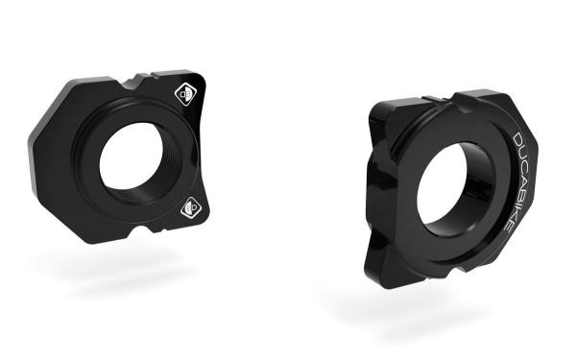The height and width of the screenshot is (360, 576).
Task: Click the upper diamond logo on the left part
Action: (185, 94)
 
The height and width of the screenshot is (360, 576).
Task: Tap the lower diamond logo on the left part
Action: (192, 207)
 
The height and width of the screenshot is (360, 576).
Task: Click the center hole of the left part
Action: (132, 156)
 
